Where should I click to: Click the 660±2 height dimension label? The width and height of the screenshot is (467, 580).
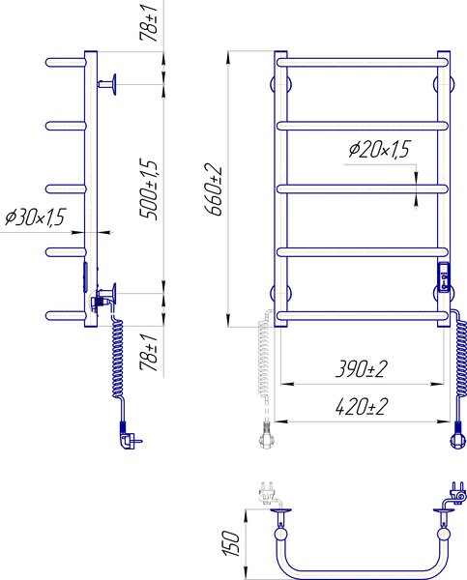pos(214,190)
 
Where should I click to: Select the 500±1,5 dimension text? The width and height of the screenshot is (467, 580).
pos(149,189)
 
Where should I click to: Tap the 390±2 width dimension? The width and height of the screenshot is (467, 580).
pos(362,369)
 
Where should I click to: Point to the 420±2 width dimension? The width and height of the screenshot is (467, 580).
pos(362,407)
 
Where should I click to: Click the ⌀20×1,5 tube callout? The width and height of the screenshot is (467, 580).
pos(379,149)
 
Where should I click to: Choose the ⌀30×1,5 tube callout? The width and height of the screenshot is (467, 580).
pos(36,217)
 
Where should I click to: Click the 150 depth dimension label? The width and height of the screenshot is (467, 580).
pos(231,543)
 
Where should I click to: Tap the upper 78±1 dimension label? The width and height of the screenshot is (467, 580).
pos(149,20)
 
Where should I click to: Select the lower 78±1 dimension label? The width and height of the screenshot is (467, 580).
pos(149,352)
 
